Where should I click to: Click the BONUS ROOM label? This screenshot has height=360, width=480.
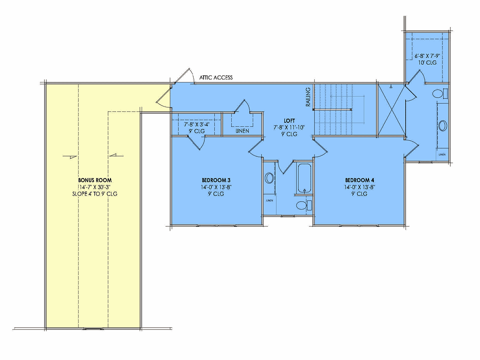(x=95, y=180)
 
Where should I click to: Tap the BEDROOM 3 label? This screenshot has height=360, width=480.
(x=216, y=180)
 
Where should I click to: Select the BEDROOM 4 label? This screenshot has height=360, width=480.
(x=360, y=180)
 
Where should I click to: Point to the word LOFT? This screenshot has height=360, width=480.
(x=289, y=121)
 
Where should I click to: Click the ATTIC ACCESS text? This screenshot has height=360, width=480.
(x=216, y=78)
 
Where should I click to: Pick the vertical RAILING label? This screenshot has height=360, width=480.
(x=308, y=97)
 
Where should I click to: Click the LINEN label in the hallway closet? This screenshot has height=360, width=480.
(x=242, y=131)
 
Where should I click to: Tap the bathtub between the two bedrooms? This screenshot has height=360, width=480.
(x=304, y=178)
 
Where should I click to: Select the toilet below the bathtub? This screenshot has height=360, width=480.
(x=304, y=205)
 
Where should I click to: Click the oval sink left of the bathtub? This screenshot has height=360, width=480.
(x=269, y=178)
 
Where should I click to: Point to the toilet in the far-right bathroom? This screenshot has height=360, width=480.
(x=440, y=94)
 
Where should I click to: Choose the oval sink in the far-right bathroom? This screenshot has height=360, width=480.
(x=443, y=126)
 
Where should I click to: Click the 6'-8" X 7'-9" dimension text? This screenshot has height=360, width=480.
(x=427, y=56)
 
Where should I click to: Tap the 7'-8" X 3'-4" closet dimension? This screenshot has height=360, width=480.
(x=197, y=124)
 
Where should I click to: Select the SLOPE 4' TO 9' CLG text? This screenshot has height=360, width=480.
(x=95, y=194)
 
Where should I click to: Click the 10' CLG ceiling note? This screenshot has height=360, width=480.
(x=428, y=63)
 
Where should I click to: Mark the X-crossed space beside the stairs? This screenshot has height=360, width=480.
(x=392, y=110)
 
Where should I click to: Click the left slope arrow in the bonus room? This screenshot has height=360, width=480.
(x=70, y=156)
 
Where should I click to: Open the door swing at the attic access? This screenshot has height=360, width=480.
(x=184, y=76)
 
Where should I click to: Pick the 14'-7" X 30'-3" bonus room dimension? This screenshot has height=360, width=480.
(x=95, y=187)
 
